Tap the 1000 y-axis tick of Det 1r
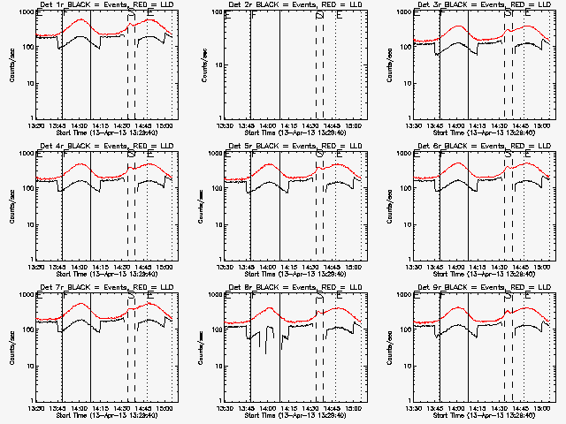click(x=25, y=13)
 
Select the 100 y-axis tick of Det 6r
click(x=403, y=189)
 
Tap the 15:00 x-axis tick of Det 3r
click(x=543, y=125)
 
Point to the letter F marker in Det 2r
click(x=254, y=15)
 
